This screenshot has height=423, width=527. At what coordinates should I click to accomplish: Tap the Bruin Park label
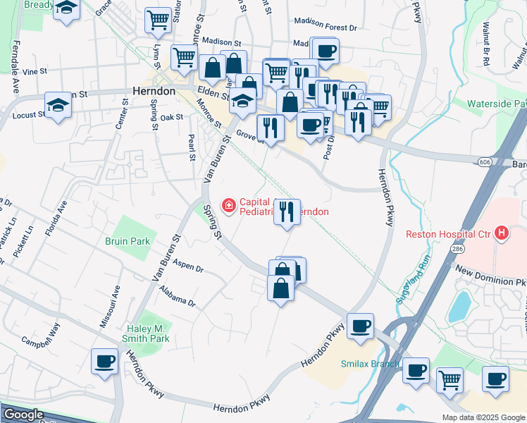[128, 241]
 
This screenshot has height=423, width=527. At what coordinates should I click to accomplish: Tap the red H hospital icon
[502, 233]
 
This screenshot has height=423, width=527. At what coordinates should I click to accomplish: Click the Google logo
[23, 415]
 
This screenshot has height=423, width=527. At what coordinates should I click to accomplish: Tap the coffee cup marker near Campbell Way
[104, 362]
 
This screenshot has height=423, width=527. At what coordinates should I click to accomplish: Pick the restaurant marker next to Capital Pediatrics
[287, 212]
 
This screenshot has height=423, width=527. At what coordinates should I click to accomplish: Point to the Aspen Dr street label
[187, 269]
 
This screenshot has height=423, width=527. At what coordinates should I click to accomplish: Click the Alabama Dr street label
[177, 296]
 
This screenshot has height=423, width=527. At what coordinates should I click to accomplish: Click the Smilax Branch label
[370, 364]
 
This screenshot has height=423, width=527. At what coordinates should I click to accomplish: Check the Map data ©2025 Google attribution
[483, 417]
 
